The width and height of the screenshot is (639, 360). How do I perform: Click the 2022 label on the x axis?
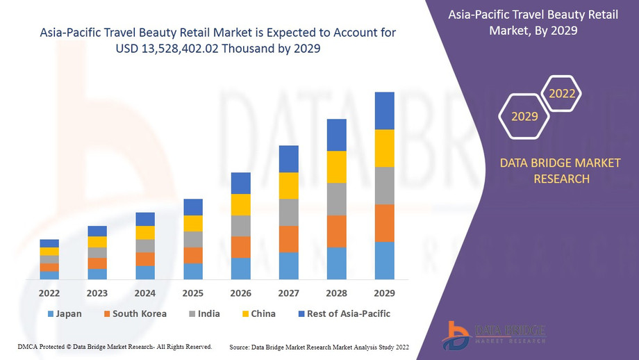coord(49,293)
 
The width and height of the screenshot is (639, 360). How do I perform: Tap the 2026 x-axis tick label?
coord(241,293)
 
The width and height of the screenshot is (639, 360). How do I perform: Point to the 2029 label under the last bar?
coord(384,293)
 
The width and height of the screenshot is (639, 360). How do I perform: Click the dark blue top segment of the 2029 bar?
coord(384,111)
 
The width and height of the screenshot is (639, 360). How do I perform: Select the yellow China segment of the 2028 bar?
coord(336,167)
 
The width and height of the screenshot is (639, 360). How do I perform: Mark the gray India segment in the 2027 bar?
coord(288,212)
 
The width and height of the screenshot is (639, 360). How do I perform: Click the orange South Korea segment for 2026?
coord(241,247)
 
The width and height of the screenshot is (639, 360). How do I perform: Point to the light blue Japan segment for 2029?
coord(384,261)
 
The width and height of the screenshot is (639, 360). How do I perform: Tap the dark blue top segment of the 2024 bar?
coord(145,219)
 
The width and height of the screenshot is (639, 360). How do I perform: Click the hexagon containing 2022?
coord(561,93)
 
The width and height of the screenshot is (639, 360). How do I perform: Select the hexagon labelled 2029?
coord(525,116)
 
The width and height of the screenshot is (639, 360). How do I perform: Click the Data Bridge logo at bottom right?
coord(494,335)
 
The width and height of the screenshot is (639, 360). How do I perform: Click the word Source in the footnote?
coord(240,346)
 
